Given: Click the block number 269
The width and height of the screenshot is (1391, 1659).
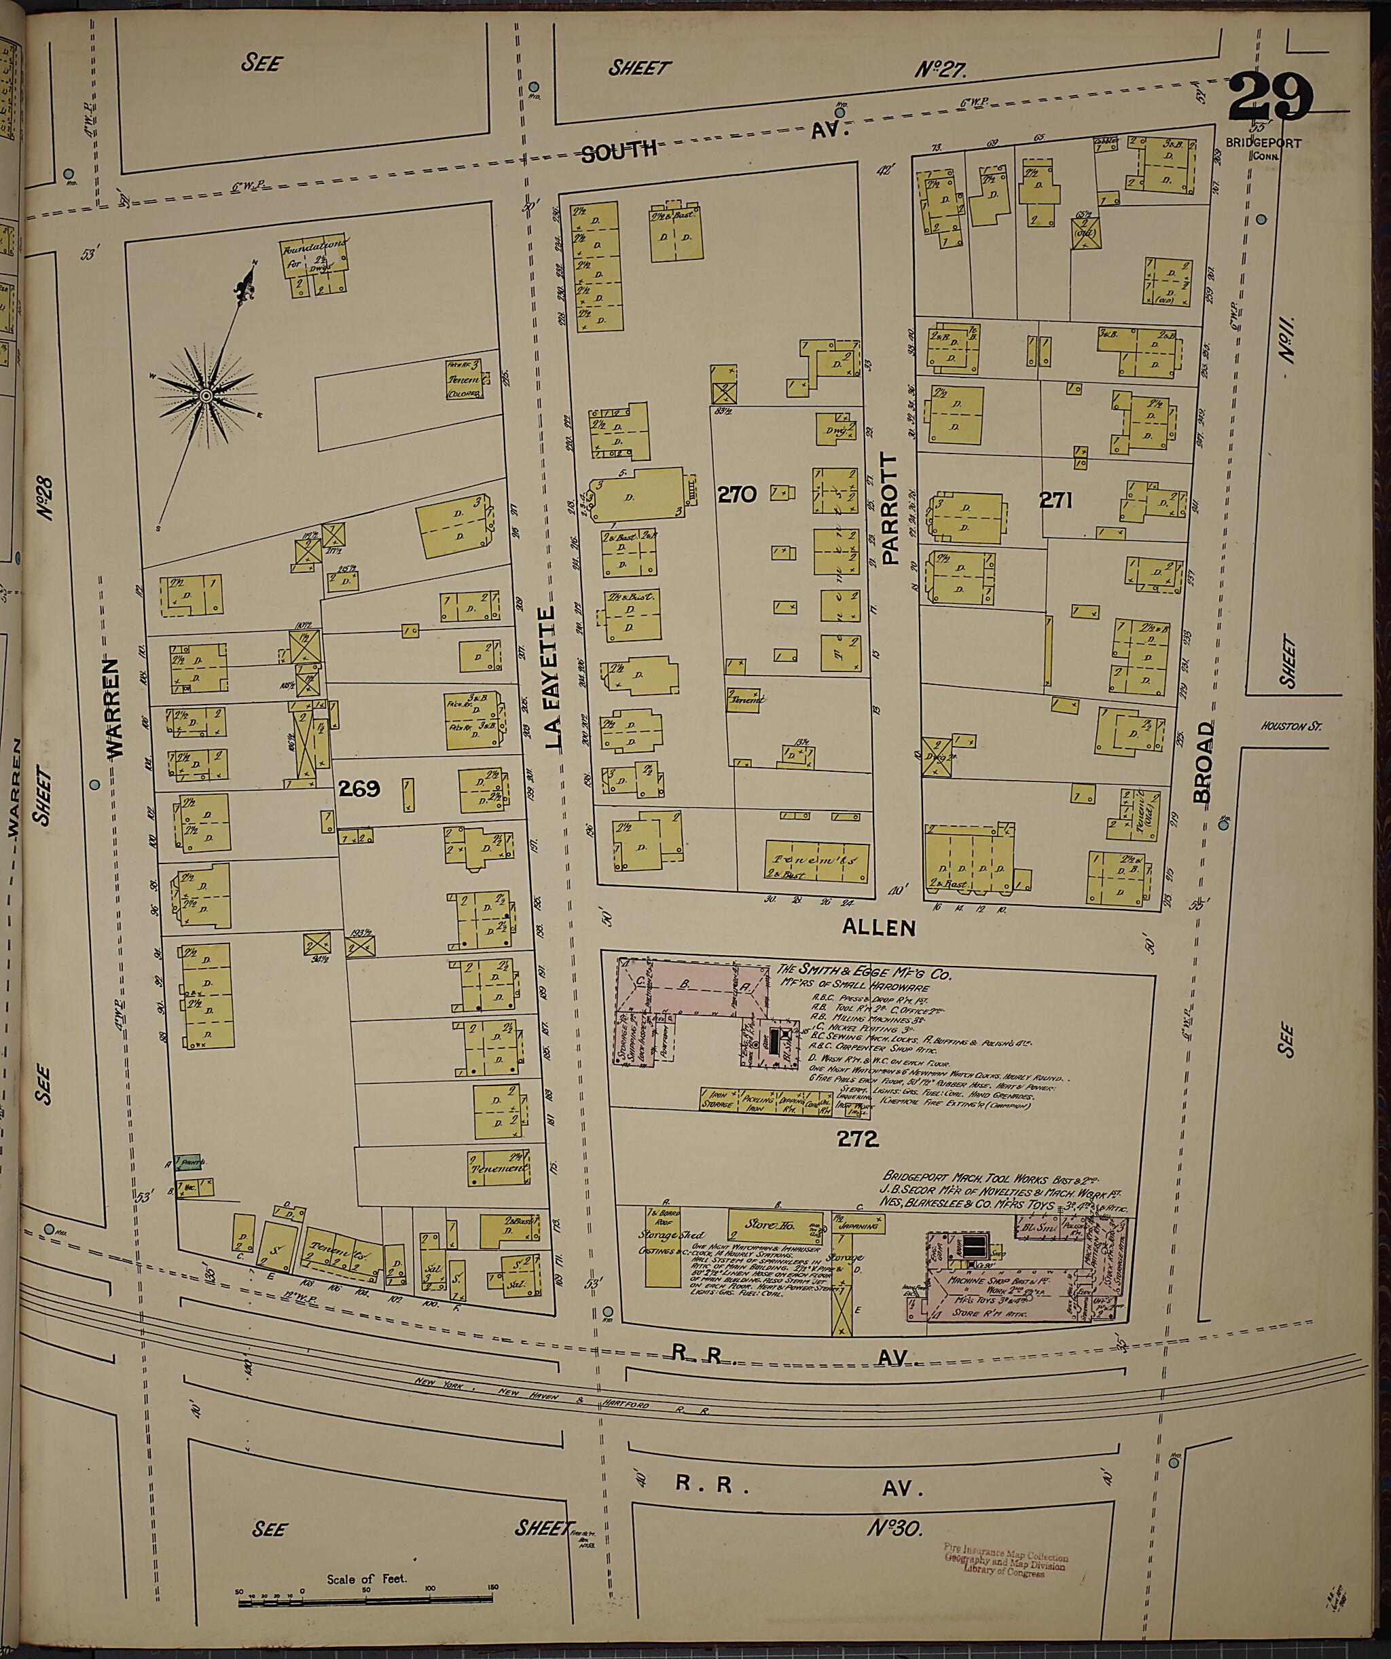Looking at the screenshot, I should pos(359,788).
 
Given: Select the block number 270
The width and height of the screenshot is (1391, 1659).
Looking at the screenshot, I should pos(737,496).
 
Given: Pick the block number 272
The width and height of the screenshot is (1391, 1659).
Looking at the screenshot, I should pos(859,1138).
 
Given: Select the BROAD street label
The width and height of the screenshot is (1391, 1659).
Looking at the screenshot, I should pos(1203,762).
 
